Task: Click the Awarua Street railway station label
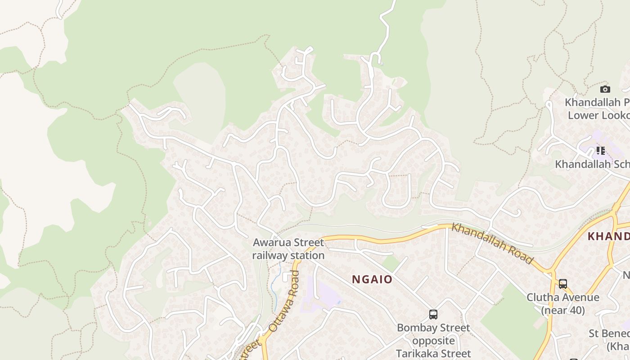pyautogui.click(x=288, y=249)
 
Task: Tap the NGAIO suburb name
pyautogui.click(x=372, y=279)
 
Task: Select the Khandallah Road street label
pyautogui.click(x=492, y=243)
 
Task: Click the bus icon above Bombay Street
pyautogui.click(x=433, y=315)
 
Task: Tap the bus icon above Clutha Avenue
pyautogui.click(x=563, y=284)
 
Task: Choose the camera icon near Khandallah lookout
pyautogui.click(x=605, y=89)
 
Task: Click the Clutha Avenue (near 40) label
pyautogui.click(x=563, y=304)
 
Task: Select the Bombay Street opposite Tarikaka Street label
pyautogui.click(x=433, y=341)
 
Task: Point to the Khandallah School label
pyautogui.click(x=592, y=164)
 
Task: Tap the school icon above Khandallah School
pyautogui.click(x=600, y=150)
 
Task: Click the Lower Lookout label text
pyautogui.click(x=598, y=115)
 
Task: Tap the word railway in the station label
pyautogui.click(x=270, y=256)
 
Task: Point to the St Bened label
pyautogui.click(x=609, y=334)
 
